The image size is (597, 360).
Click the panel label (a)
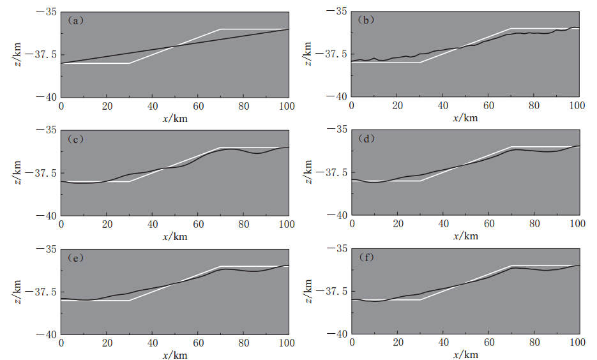tap(75, 20)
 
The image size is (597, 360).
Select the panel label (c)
tap(75, 139)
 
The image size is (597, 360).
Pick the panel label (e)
tap(75, 258)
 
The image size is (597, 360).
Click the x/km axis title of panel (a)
tap(174, 119)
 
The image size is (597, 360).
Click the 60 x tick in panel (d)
tap(488, 224)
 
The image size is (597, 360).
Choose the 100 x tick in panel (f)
tap(578, 343)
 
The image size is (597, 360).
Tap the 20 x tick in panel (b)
tap(397, 105)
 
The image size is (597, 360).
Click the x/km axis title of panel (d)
tap(465, 237)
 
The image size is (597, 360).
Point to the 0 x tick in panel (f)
tap(352, 343)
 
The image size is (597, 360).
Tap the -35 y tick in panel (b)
tap(338, 11)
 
